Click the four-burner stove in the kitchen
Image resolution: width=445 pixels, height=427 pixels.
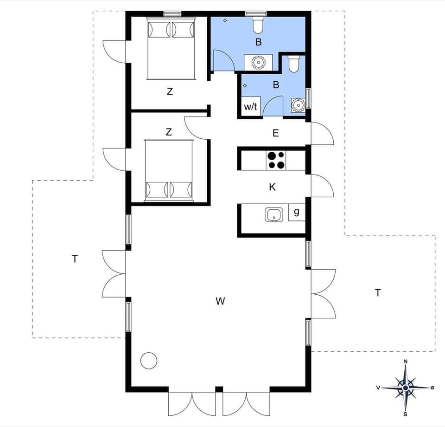click(277, 160)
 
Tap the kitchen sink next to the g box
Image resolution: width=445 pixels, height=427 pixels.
click(274, 214)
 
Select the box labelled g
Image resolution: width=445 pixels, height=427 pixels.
click(297, 212)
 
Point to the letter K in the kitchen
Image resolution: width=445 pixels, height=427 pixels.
click(273, 187)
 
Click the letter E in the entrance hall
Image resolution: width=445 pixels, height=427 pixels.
click(276, 134)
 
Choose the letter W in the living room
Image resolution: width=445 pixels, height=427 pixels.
click(220, 301)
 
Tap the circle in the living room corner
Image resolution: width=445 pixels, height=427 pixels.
click(149, 361)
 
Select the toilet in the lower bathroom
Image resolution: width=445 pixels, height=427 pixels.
click(294, 64)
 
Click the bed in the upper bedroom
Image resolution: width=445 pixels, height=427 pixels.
click(170, 49)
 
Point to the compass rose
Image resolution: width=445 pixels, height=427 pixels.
click(406, 387)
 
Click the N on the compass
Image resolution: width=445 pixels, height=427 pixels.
click(406, 361)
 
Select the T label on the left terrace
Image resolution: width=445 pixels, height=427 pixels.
click(75, 259)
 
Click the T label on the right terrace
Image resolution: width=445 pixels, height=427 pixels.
click(378, 292)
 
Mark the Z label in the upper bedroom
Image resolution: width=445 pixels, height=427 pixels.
click(170, 92)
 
